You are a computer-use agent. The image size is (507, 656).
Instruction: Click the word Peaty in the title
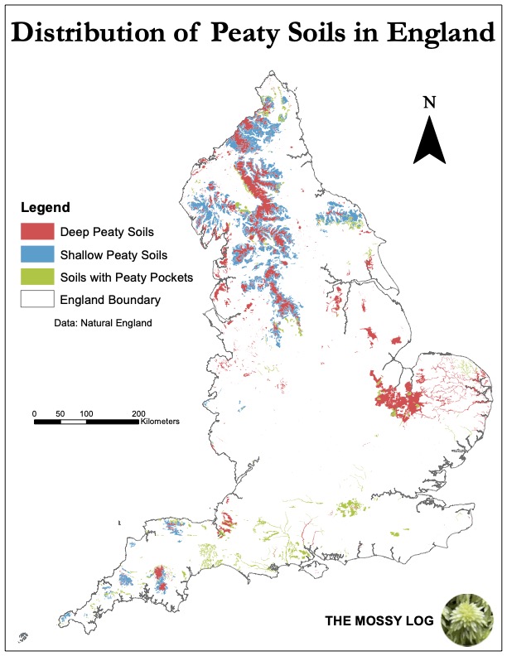click(x=248, y=33)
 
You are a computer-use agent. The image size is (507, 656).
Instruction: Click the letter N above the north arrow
click(x=429, y=103)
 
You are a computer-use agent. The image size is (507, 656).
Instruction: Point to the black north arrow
click(x=429, y=141)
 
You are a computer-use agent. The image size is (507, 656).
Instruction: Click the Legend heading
click(x=45, y=207)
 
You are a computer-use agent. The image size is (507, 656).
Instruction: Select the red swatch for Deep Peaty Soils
click(x=36, y=231)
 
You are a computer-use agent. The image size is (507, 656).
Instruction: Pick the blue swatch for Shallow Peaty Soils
click(x=36, y=254)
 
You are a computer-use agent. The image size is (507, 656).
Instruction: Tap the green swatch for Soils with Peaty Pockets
click(x=36, y=277)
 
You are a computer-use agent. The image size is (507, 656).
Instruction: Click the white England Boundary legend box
click(x=36, y=299)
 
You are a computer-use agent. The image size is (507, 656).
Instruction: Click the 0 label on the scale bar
click(x=34, y=412)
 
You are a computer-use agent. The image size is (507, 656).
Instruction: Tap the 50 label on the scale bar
click(x=60, y=412)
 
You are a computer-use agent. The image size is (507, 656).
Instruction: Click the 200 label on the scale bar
click(x=138, y=412)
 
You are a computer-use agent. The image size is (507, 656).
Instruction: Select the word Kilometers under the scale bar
click(x=160, y=422)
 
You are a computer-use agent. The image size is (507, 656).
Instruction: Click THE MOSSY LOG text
click(x=379, y=620)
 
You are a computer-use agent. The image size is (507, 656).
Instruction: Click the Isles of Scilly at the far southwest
click(x=22, y=637)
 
